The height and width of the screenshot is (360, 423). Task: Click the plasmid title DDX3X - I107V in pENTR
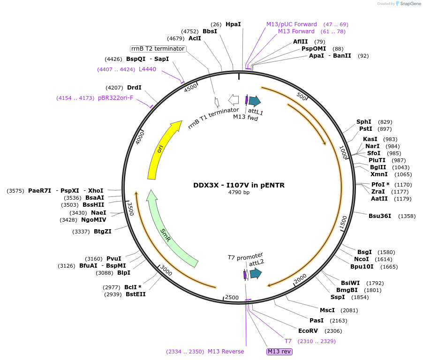tap(239, 185)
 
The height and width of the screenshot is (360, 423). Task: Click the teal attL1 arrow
tap(255, 100)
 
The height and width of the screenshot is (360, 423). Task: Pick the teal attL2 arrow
tap(256, 274)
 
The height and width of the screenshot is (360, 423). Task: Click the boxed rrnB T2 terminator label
tap(158, 49)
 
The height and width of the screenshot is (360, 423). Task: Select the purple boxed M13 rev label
tap(279, 352)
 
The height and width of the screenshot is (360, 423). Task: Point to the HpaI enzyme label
tap(233, 24)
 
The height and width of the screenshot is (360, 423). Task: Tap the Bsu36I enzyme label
tap(379, 216)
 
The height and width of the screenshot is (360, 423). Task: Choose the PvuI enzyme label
tap(113, 259)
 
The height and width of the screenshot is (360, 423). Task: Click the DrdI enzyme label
tap(134, 88)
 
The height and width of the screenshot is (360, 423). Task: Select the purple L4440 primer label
tap(147, 69)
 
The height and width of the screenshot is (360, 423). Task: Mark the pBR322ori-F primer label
tap(115, 98)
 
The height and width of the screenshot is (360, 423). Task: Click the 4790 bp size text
tap(239, 193)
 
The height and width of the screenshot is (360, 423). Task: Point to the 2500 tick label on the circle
tap(232, 297)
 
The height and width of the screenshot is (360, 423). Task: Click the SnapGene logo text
tap(410, 4)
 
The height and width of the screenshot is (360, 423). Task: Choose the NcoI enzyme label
tap(362, 259)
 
